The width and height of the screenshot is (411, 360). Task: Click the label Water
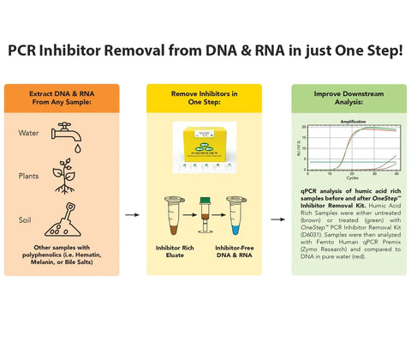coord(28,134)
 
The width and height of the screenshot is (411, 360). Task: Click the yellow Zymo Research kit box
coord(205,144)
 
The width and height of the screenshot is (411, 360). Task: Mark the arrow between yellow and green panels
coord(277,218)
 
